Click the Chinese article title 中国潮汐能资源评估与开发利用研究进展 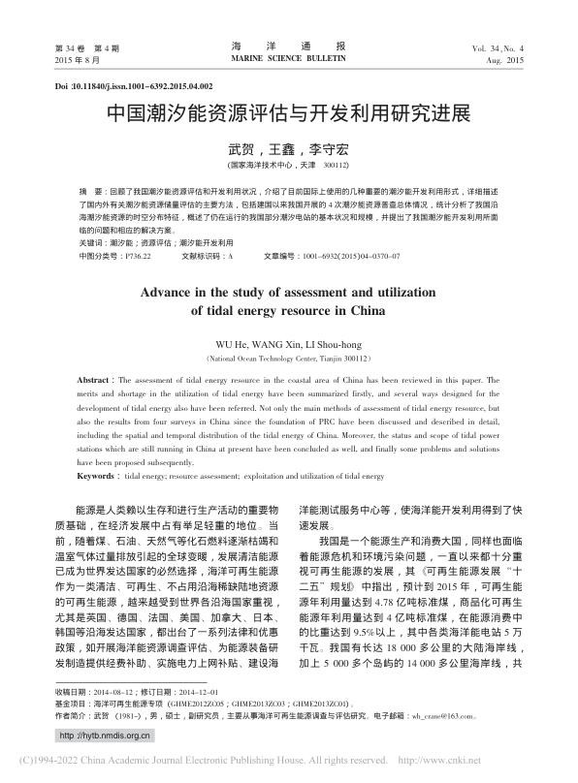[x=288, y=113]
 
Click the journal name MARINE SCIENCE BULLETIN [x=288, y=59]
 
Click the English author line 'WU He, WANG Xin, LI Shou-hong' [x=288, y=344]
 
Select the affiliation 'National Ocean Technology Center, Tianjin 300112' [x=288, y=359]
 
